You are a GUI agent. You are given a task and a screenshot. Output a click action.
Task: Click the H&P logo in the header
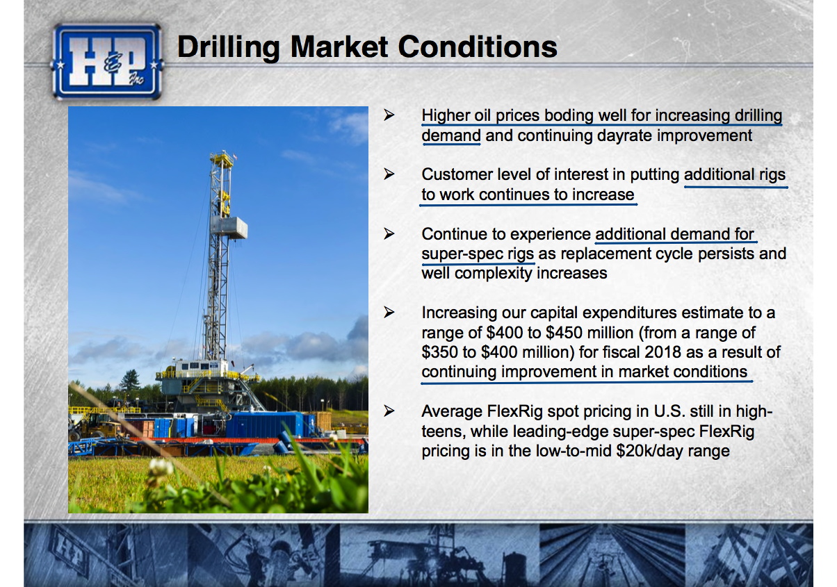[x=107, y=62]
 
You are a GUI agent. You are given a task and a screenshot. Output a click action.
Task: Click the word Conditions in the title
[x=478, y=47]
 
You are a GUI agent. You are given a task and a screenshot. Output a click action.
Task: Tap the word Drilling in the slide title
[x=228, y=48]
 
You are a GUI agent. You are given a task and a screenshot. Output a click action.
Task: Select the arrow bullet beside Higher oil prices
[x=389, y=115]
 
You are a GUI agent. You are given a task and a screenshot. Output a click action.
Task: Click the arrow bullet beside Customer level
[x=389, y=174]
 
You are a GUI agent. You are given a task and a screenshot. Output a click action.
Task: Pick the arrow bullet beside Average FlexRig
[x=389, y=411]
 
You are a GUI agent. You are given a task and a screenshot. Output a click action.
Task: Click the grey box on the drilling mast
[x=229, y=227]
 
